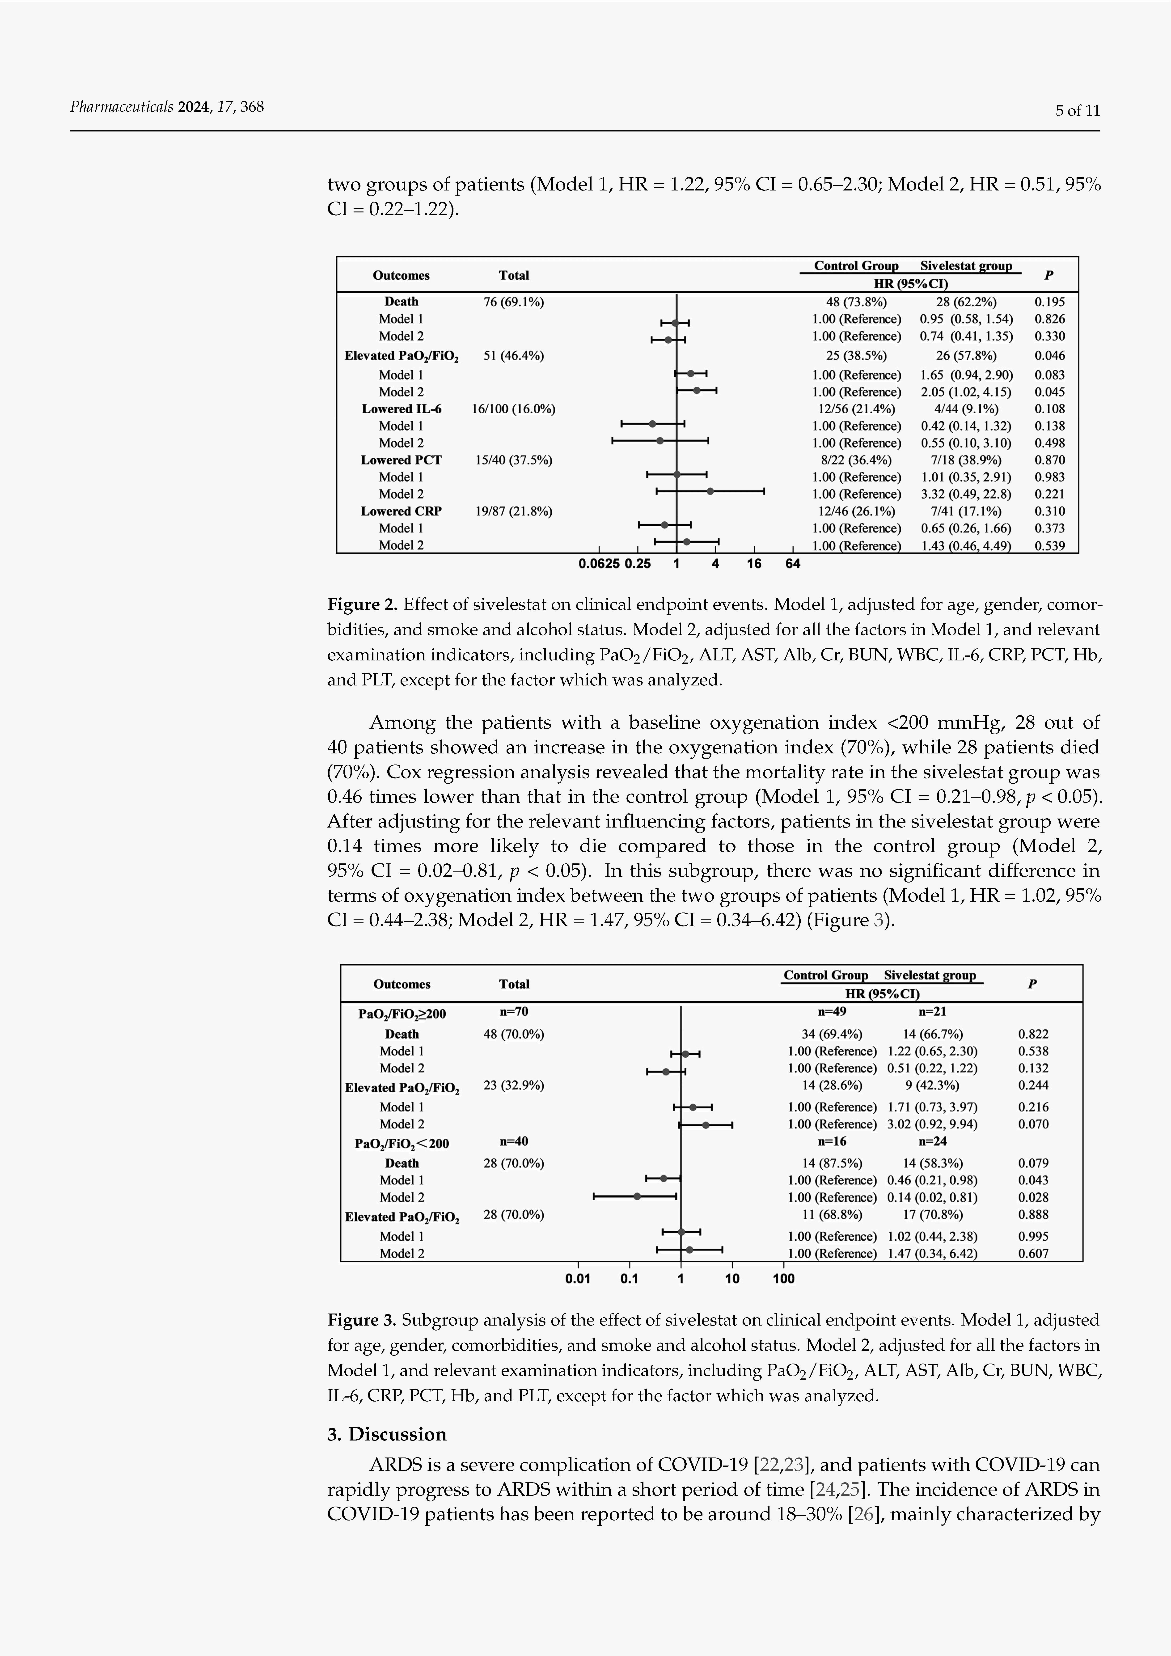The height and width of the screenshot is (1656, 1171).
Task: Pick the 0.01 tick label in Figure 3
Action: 578,1279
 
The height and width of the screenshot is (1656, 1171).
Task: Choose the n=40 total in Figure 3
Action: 514,1141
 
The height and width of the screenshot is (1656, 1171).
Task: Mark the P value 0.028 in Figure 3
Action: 1033,1197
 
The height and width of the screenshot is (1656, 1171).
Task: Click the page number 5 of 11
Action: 1077,110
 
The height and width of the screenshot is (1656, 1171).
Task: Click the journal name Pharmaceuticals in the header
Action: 121,107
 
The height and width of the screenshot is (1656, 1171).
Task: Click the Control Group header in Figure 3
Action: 825,975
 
